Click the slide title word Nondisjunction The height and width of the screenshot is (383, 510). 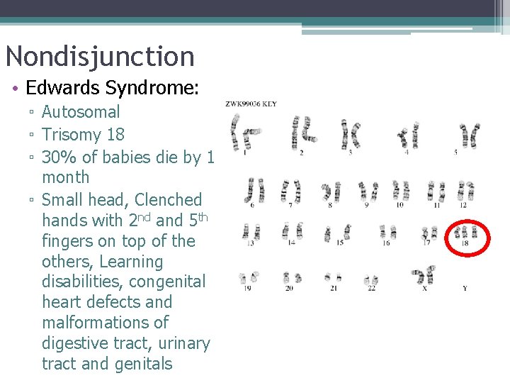click(99, 57)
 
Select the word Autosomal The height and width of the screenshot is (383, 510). click(81, 111)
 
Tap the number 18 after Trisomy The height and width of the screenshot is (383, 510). click(114, 134)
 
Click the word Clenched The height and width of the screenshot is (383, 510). click(168, 200)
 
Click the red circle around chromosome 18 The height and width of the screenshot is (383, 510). click(465, 237)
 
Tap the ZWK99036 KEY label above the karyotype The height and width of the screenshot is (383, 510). click(251, 104)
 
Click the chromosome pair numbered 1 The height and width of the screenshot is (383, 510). click(242, 132)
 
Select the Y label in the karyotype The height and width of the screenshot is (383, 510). click(465, 289)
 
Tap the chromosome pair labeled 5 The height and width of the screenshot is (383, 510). click(467, 135)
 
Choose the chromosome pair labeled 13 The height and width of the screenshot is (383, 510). click(251, 232)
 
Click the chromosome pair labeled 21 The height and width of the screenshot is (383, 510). click(332, 277)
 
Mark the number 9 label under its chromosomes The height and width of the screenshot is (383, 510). click(367, 205)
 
